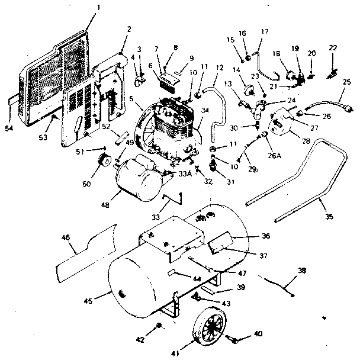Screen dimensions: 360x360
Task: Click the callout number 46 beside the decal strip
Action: [66, 237]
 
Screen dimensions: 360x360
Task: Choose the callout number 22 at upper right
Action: [333, 48]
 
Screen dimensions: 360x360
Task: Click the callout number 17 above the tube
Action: [264, 31]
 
